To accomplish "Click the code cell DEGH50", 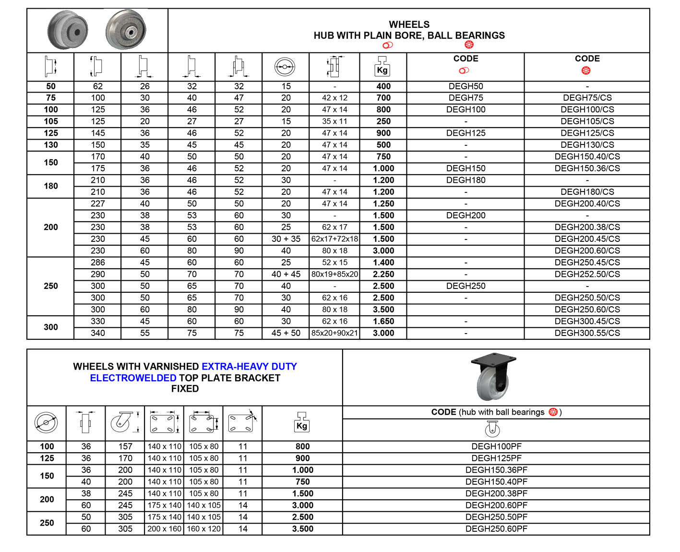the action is click(465, 86).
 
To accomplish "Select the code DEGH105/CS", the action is click(587, 121).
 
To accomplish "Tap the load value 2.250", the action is click(383, 274).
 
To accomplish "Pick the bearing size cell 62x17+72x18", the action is click(334, 239).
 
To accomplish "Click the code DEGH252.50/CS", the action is click(587, 274).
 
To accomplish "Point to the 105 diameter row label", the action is click(51, 121).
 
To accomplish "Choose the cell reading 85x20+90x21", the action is click(334, 333).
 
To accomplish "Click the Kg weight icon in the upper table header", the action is click(382, 67).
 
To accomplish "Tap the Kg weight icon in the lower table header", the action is click(302, 422).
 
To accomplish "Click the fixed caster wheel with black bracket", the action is click(493, 377).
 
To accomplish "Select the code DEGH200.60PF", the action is click(496, 505).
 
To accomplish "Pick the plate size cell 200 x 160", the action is click(164, 529).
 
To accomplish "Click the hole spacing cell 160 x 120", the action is click(203, 529).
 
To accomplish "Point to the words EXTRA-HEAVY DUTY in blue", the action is click(250, 366).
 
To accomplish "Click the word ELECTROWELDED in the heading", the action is click(133, 378).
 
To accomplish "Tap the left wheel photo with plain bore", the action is click(67, 30).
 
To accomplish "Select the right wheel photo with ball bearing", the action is click(126, 29).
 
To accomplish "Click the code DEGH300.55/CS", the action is click(587, 333).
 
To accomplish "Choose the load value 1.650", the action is click(383, 321).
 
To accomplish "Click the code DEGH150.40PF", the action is click(496, 482).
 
